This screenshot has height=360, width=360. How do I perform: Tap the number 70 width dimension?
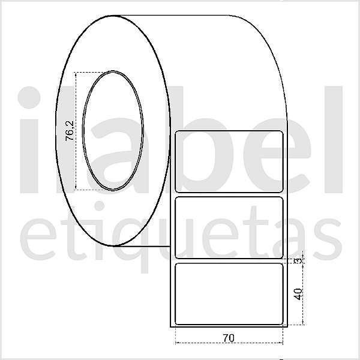click(x=228, y=337)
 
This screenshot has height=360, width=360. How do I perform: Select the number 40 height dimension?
click(x=298, y=294)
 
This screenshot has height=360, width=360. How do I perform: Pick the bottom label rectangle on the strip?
click(x=229, y=294)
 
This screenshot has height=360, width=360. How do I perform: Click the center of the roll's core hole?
click(x=113, y=130)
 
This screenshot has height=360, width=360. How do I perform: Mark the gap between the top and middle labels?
click(x=229, y=194)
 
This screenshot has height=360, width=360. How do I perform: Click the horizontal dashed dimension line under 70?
click(x=229, y=343)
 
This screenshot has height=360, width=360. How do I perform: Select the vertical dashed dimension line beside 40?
click(x=303, y=294)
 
